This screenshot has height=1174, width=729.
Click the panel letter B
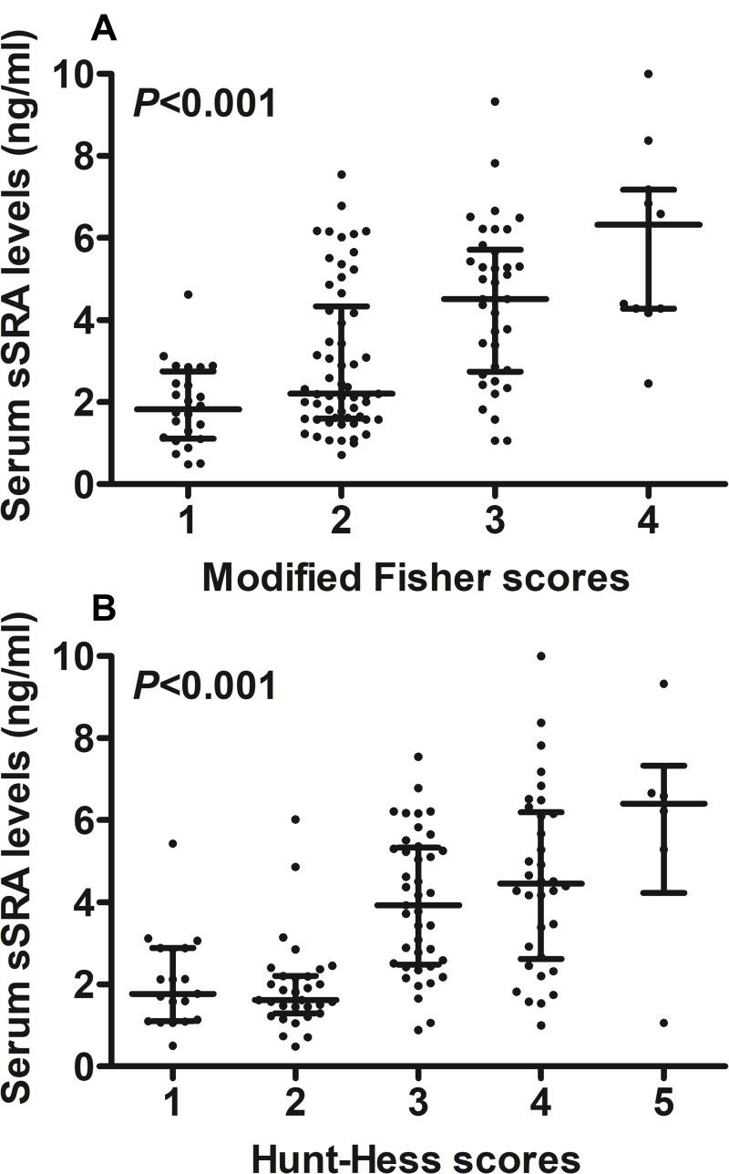(x=105, y=608)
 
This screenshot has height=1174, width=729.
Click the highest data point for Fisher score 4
(x=648, y=73)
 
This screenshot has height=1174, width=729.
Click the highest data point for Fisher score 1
(x=188, y=294)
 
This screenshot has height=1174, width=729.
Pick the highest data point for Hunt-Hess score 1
(x=173, y=843)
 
